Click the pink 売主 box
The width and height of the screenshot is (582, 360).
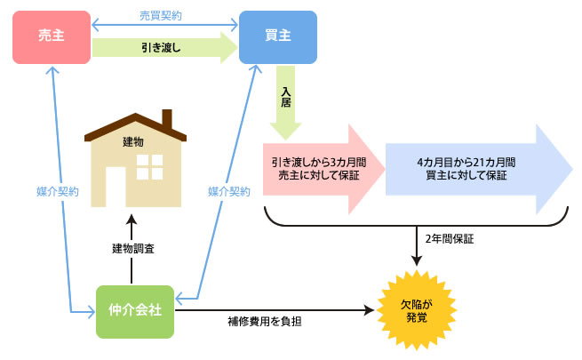click(x=52, y=36)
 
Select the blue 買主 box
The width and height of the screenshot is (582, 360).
click(x=278, y=36)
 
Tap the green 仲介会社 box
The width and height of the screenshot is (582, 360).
click(x=135, y=311)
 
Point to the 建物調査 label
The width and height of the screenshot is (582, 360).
click(x=133, y=248)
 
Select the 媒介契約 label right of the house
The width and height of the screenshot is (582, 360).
click(x=228, y=191)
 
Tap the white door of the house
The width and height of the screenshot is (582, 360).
click(x=115, y=188)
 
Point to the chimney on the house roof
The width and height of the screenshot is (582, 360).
click(x=165, y=118)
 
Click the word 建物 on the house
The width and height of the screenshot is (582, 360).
click(x=132, y=140)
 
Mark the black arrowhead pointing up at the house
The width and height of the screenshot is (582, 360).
click(x=132, y=219)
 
